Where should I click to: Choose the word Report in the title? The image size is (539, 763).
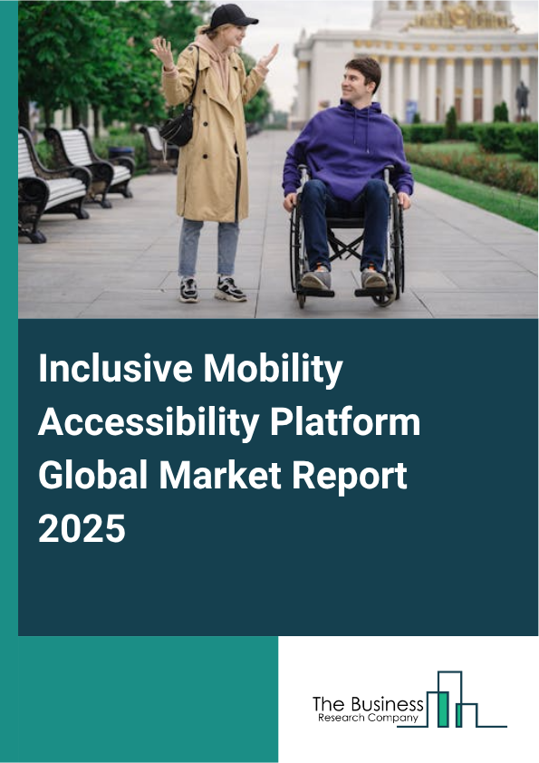click(345, 475)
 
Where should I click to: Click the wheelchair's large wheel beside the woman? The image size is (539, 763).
click(299, 240)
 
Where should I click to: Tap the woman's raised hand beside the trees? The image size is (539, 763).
click(163, 52)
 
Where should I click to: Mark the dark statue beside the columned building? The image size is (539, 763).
click(522, 100)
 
